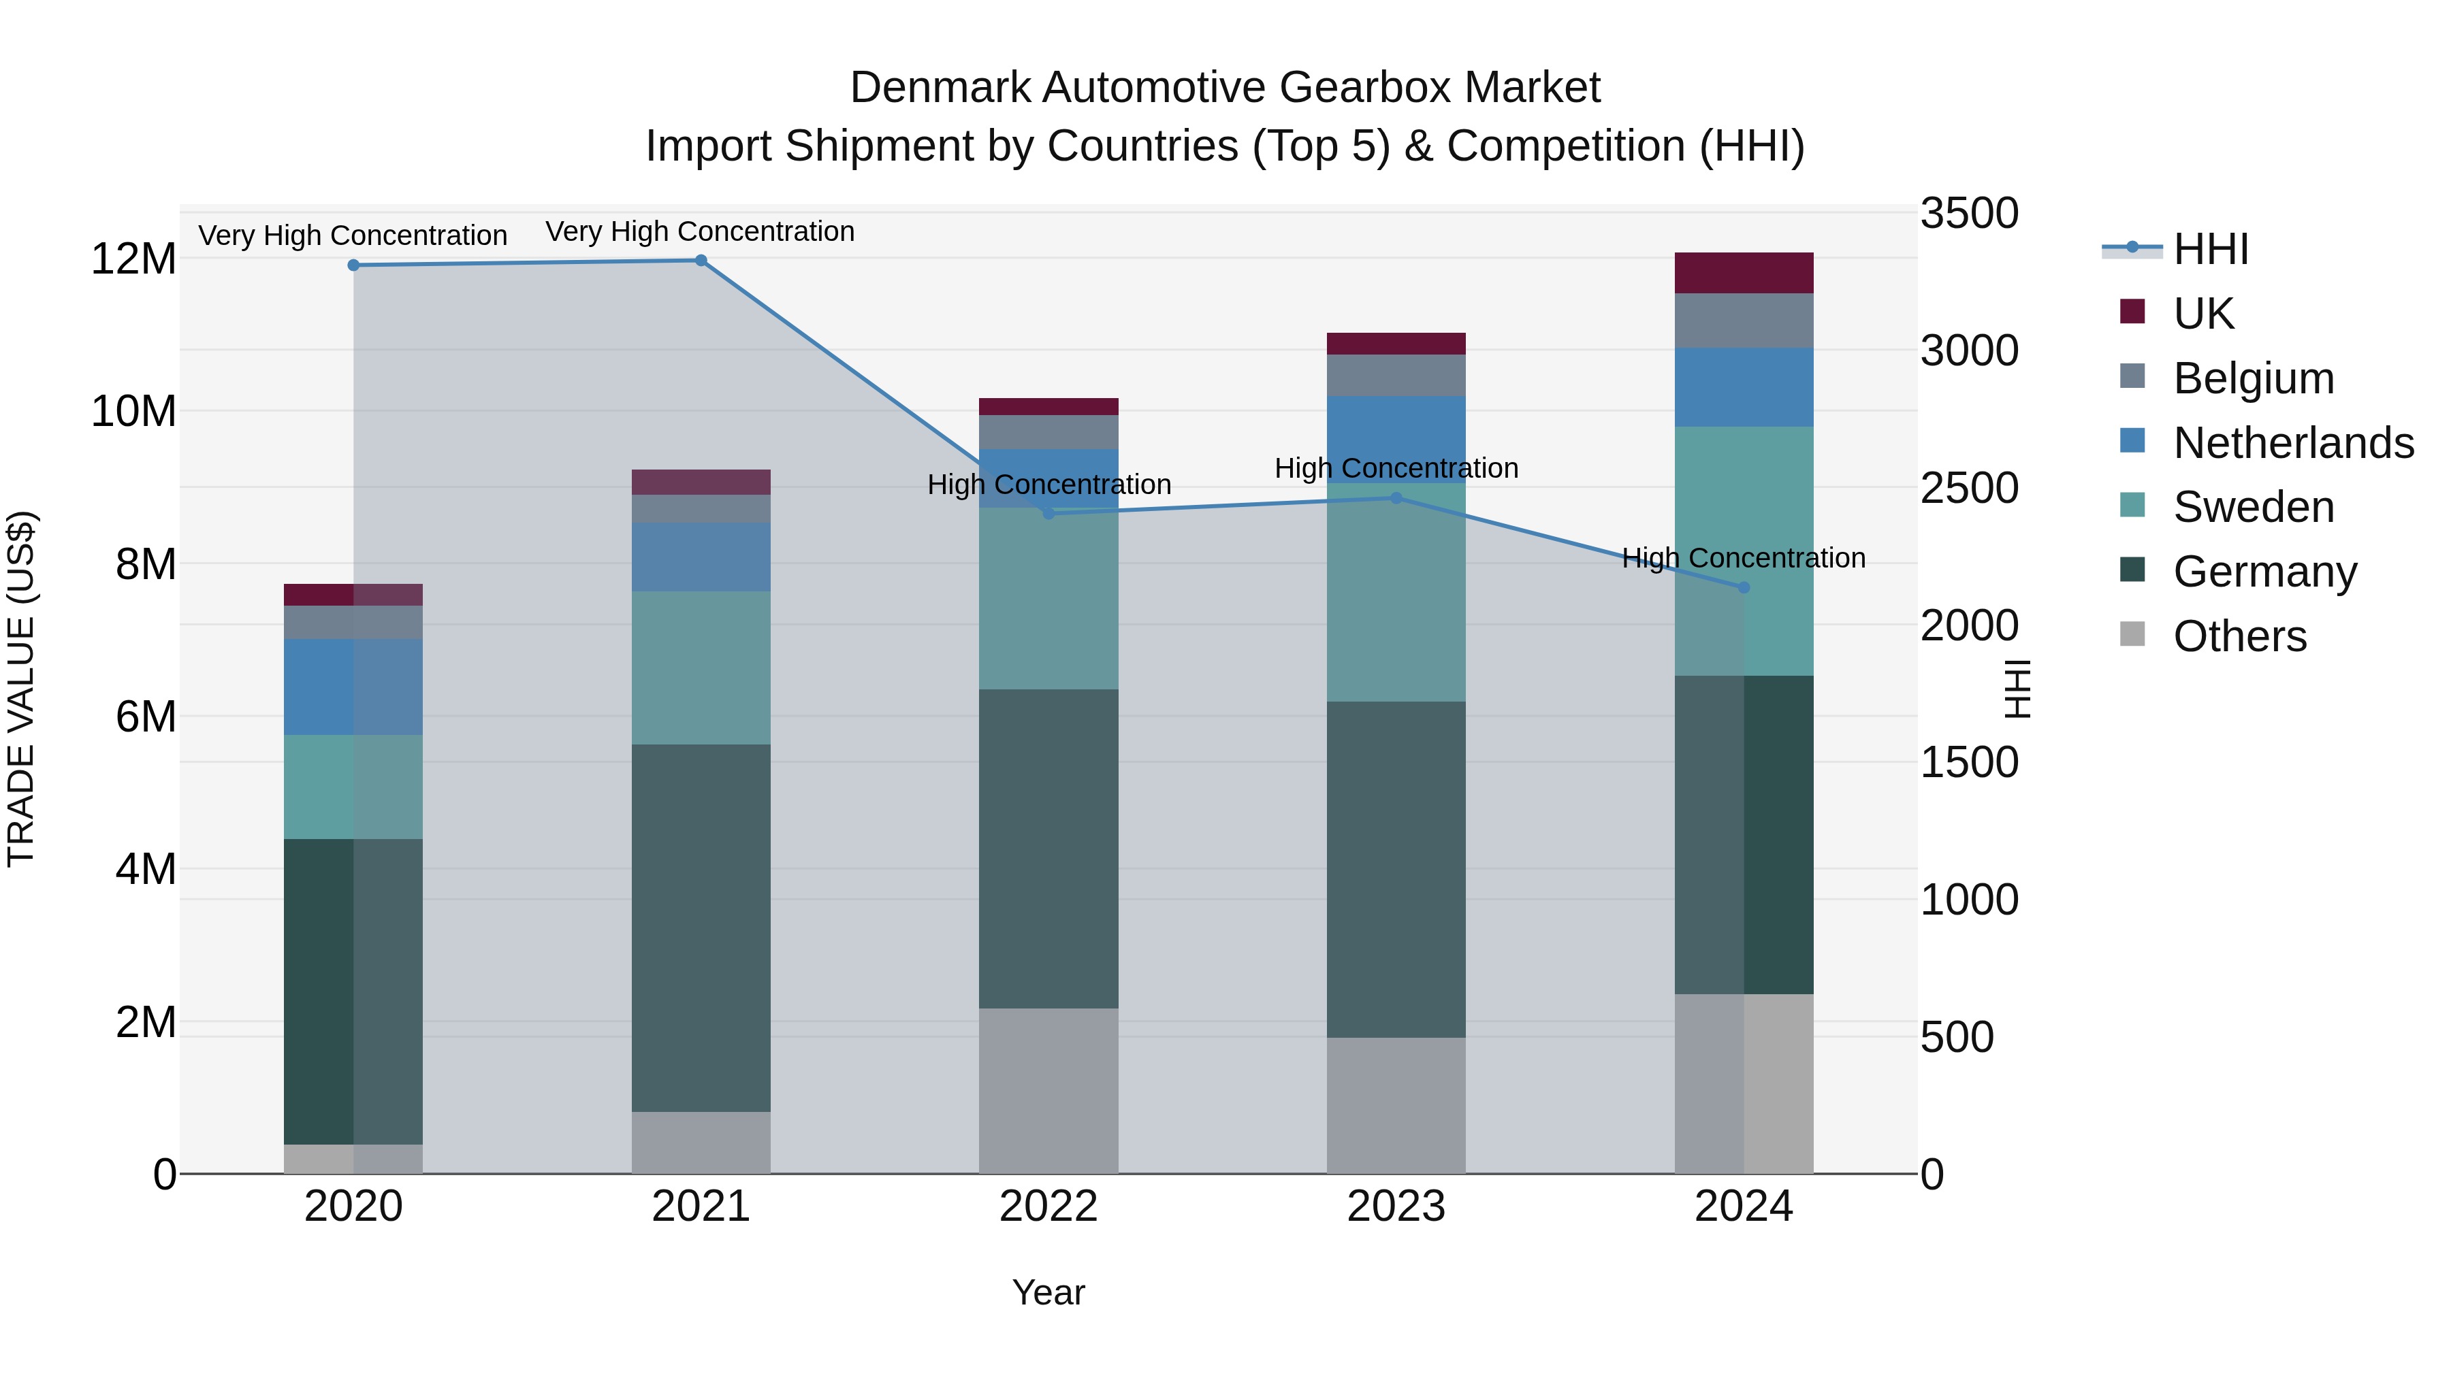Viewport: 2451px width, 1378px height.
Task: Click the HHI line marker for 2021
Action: [701, 261]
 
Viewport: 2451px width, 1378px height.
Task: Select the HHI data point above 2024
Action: [1743, 588]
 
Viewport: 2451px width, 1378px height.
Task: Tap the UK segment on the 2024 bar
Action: [1743, 273]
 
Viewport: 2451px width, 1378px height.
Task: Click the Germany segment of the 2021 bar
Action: [701, 928]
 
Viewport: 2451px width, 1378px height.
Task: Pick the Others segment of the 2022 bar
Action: [1048, 1090]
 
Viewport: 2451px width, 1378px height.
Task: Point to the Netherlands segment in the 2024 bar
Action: [1743, 387]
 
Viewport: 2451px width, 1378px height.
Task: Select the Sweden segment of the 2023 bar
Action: [1396, 593]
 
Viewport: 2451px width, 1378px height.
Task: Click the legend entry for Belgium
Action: [2253, 378]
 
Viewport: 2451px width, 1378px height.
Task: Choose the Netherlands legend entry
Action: [2293, 443]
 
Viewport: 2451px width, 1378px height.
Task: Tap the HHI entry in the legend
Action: [2210, 249]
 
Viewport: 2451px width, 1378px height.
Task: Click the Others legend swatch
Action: [2132, 634]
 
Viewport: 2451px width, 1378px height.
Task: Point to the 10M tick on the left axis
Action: [133, 412]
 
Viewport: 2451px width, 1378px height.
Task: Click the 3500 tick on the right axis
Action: [1968, 213]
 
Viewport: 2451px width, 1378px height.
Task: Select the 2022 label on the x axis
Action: [1048, 1207]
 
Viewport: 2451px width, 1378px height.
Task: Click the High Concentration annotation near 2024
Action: [1743, 557]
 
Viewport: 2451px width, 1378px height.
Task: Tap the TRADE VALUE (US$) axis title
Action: [21, 689]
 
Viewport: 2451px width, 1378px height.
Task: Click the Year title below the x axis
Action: [1048, 1292]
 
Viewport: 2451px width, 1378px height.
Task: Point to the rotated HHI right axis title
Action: [2016, 689]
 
